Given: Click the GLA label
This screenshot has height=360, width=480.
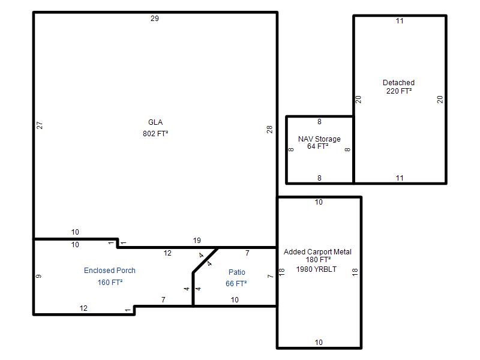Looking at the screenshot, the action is click(x=155, y=122).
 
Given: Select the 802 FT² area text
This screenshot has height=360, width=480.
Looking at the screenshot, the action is click(x=155, y=134).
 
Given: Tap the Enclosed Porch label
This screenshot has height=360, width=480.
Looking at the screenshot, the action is click(x=110, y=271).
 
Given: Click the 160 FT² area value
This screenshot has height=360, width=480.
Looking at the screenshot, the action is click(x=110, y=282).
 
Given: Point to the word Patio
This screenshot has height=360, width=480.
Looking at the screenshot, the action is click(x=237, y=272).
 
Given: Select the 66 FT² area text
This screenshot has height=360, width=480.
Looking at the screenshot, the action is click(x=236, y=284).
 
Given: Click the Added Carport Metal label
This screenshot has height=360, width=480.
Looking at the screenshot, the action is click(x=317, y=252).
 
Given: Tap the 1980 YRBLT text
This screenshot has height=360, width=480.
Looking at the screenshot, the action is click(x=316, y=269).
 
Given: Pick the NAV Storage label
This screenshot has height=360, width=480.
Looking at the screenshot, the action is click(x=319, y=139).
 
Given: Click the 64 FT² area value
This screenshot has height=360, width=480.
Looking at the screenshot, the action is click(x=318, y=146).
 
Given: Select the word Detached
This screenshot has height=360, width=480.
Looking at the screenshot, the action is click(x=398, y=83).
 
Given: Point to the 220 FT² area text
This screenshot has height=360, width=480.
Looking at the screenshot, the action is click(x=399, y=91).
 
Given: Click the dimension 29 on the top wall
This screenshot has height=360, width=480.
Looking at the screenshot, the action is click(x=155, y=19).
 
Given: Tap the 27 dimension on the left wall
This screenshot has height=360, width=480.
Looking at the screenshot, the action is click(x=40, y=125).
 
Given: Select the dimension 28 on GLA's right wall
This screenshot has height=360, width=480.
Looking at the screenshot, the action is click(x=269, y=130).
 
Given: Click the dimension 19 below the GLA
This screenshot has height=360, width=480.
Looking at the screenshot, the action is click(x=197, y=241).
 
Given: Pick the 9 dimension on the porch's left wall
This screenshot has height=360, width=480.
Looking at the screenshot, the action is click(x=38, y=277).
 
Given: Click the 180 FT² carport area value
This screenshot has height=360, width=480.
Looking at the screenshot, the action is click(x=319, y=260).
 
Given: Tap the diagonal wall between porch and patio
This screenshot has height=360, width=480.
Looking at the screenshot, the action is click(x=205, y=260).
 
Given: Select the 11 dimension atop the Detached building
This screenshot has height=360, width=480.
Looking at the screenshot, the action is click(x=400, y=21).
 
